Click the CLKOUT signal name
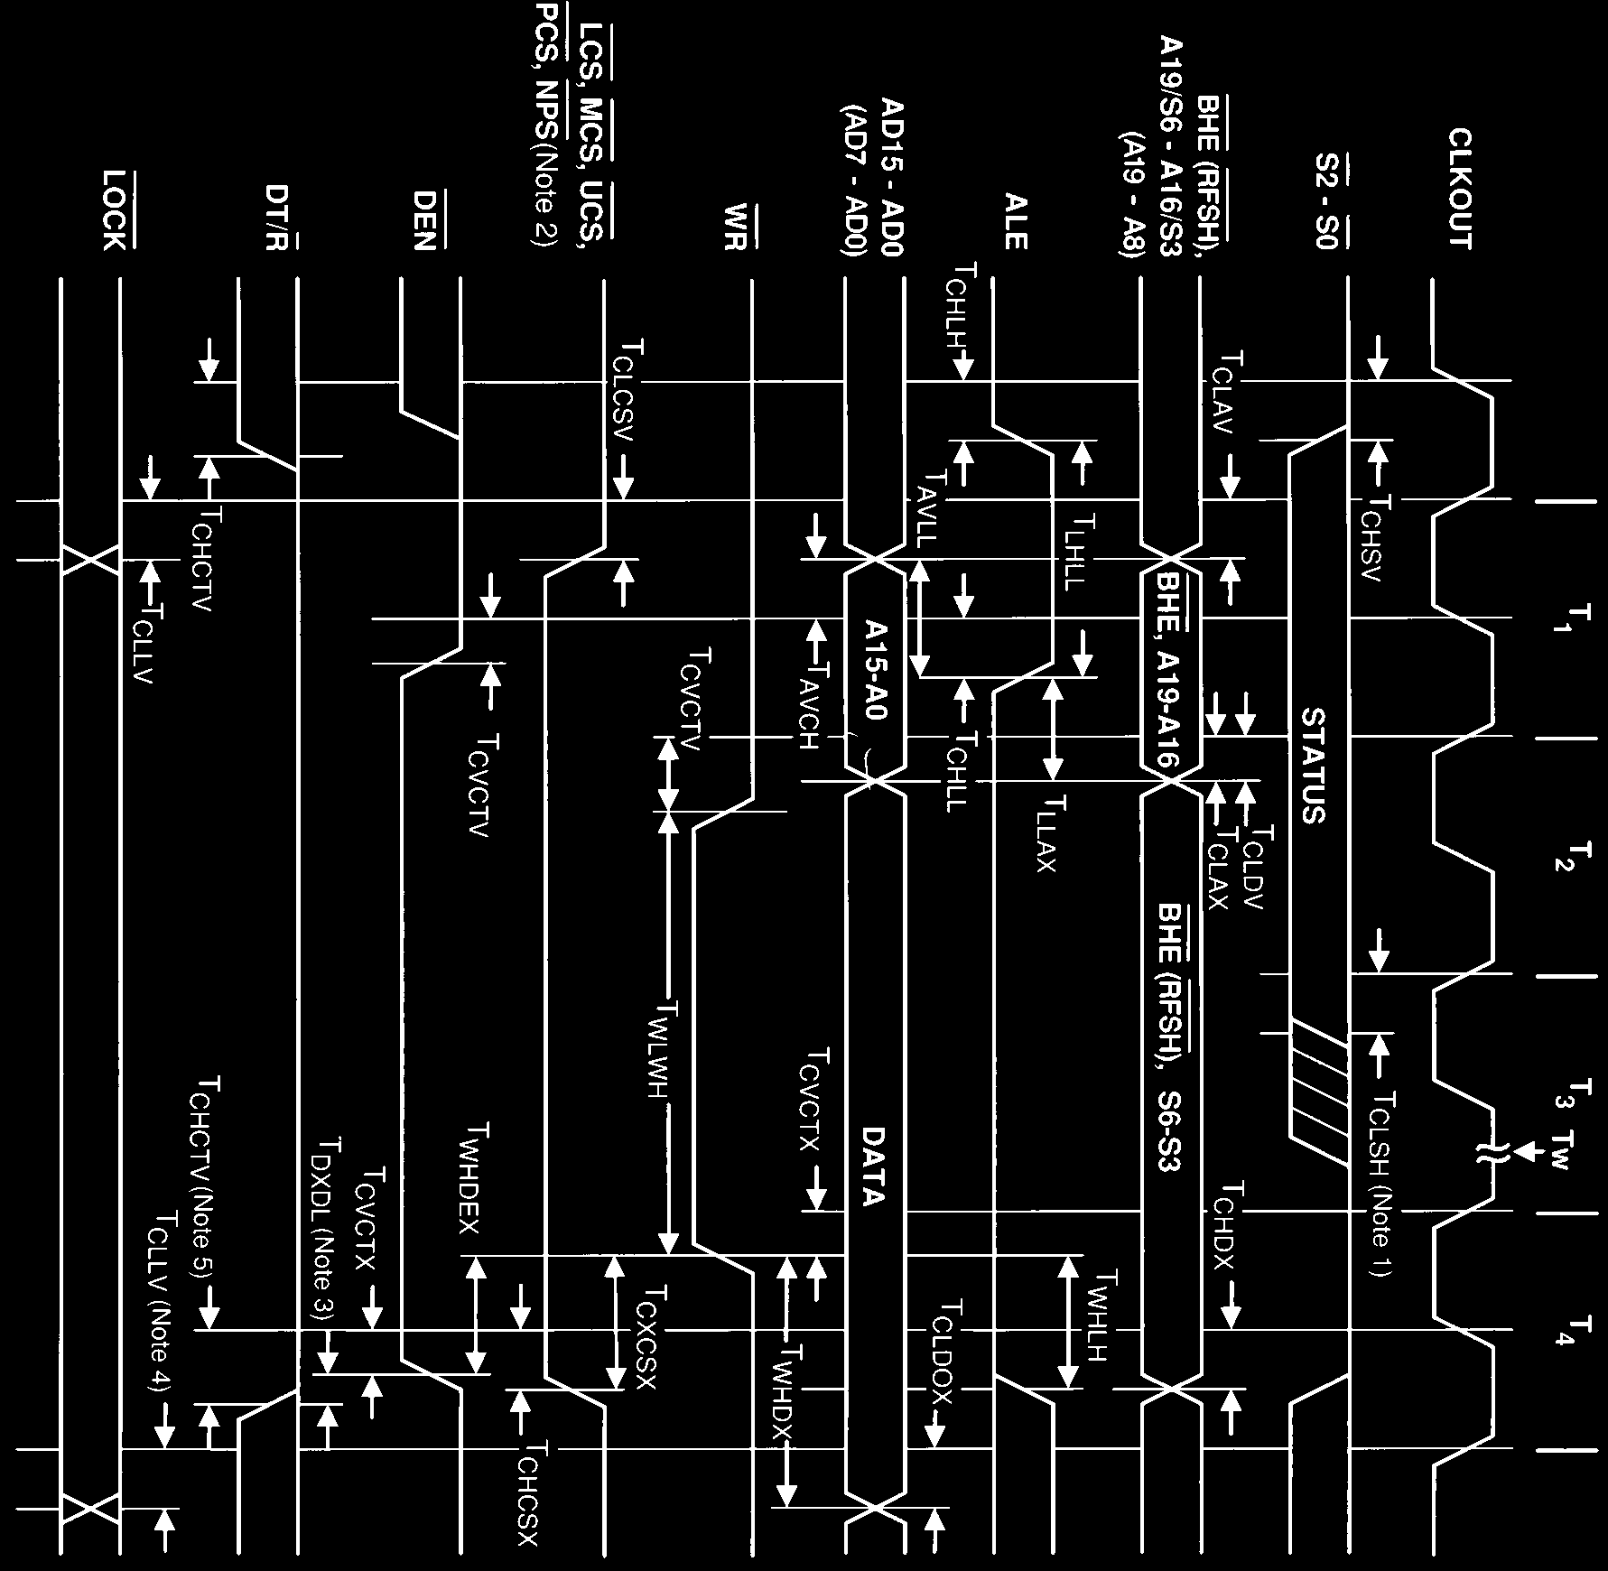[x=1460, y=189]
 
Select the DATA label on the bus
[x=872, y=1167]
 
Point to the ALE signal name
[x=1015, y=220]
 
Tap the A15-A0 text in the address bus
[x=875, y=669]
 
